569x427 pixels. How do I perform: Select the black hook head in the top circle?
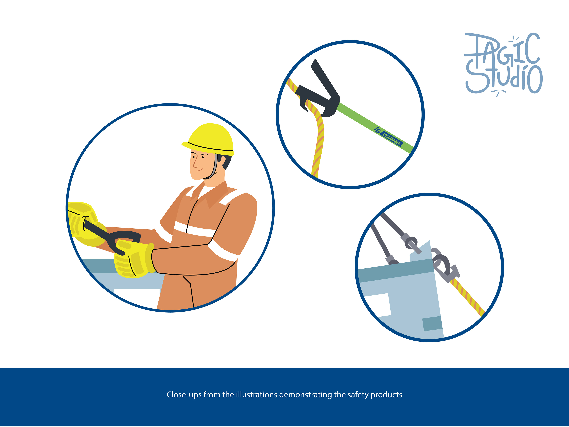[x=319, y=93]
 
